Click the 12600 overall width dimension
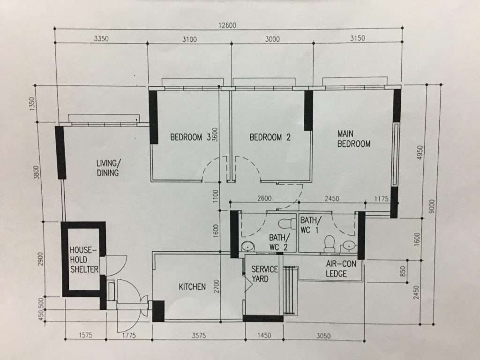pos(227,25)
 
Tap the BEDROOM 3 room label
pos(190,137)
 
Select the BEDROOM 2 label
pos(270,137)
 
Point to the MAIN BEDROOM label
pos(354,139)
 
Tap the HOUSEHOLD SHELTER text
pos(84,260)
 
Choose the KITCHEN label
pos(192,287)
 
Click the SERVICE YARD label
pos(264,274)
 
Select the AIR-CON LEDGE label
pos(341,269)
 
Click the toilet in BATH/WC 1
pos(330,244)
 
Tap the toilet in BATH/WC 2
pos(285,223)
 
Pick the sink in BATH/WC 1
pos(348,246)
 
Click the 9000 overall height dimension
pos(432,206)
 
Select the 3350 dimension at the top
pos(101,38)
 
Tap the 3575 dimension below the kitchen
pos(199,336)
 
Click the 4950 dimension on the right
pos(420,152)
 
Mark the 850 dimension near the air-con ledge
pos(403,271)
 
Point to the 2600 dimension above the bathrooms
pos(264,198)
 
